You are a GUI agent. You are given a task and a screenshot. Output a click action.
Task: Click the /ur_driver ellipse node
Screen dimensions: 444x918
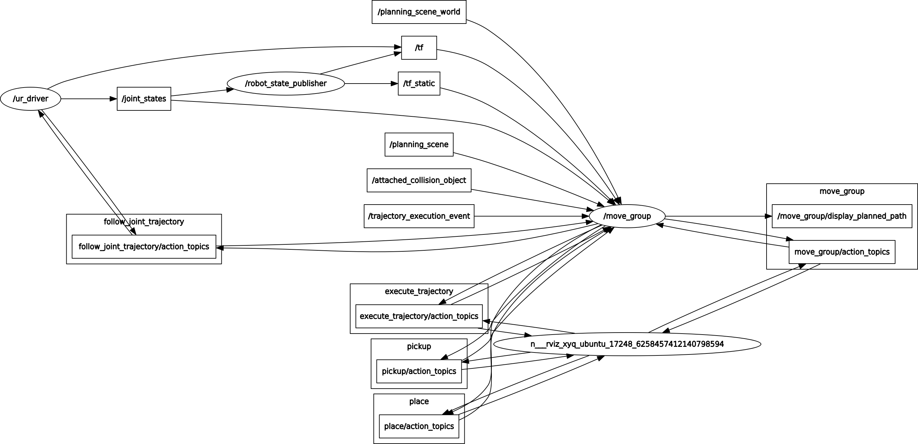(x=30, y=99)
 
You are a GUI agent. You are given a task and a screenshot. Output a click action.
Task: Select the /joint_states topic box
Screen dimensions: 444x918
(x=144, y=99)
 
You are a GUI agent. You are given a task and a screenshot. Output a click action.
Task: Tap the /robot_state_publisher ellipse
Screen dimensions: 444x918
(x=286, y=84)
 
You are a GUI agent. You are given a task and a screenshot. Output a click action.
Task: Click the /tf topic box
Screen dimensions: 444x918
(x=419, y=48)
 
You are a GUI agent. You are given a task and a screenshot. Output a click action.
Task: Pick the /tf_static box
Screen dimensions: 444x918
(x=419, y=84)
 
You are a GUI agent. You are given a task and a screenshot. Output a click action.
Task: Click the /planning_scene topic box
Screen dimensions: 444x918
(x=419, y=145)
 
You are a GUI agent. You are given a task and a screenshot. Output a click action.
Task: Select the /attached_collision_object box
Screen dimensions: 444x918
(x=419, y=180)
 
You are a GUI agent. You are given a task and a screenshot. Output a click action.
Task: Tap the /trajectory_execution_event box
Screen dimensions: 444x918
(x=419, y=216)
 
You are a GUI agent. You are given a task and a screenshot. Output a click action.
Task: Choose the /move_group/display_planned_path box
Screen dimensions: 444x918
(x=842, y=216)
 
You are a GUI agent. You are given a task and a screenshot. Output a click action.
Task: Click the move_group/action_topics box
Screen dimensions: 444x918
(x=842, y=252)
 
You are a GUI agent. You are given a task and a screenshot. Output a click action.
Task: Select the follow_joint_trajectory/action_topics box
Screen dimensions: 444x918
(x=144, y=246)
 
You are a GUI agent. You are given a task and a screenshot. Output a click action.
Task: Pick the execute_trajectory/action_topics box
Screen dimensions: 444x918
(x=419, y=316)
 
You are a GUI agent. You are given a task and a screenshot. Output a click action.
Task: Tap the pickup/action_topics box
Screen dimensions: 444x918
(x=419, y=371)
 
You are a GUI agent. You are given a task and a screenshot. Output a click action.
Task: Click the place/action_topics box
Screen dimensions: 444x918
(x=419, y=426)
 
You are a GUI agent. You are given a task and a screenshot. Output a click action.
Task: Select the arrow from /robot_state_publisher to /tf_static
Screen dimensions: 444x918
(x=371, y=84)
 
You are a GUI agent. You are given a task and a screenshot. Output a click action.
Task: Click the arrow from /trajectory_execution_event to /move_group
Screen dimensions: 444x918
(x=531, y=216)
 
